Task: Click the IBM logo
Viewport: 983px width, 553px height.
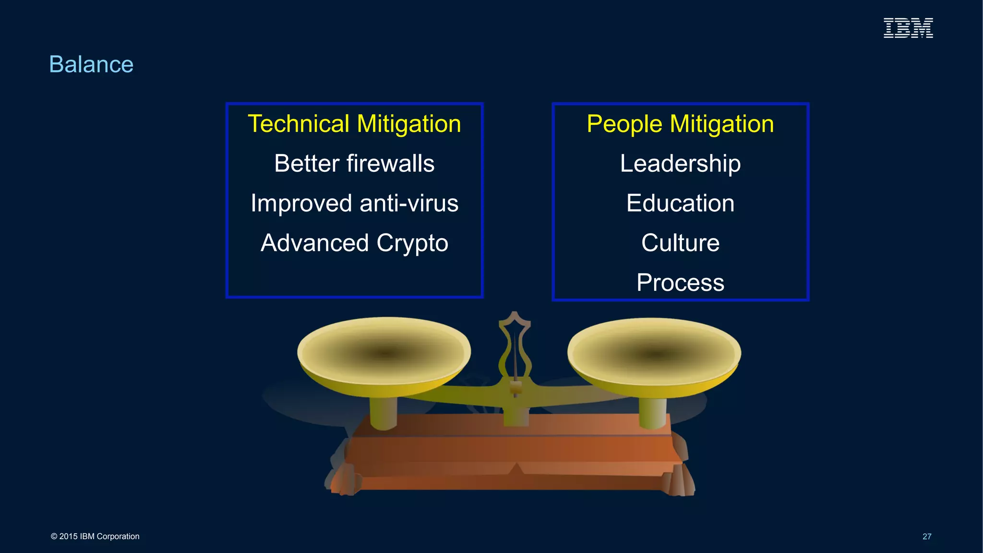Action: pos(908,28)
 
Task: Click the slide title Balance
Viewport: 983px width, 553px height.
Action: pos(91,64)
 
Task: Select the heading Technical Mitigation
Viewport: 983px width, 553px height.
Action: pos(354,124)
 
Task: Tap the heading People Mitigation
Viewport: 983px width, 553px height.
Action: pos(680,124)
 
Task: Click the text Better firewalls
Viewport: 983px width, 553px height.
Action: pos(354,164)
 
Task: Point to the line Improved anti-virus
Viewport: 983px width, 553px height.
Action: pos(354,203)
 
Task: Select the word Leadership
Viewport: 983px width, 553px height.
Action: pos(680,164)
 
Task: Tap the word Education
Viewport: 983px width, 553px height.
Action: pos(680,203)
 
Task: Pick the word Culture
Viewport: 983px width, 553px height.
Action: pos(680,242)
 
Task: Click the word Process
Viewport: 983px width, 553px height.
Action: pos(680,282)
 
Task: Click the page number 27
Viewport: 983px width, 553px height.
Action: pos(927,536)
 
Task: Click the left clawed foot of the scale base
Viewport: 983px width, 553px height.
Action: pos(343,480)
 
